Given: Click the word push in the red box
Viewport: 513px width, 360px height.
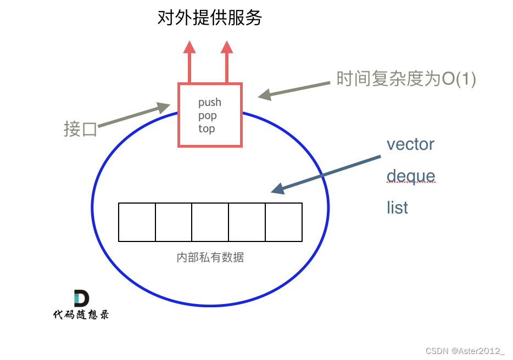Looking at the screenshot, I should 210,103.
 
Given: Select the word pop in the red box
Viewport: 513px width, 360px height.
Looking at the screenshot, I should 208,116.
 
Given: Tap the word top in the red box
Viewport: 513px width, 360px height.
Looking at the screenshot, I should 207,129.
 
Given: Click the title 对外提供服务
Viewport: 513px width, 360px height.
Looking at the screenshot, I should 210,18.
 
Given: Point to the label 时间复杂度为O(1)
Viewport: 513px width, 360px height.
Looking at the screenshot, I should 406,80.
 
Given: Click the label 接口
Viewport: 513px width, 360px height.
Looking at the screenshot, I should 80,130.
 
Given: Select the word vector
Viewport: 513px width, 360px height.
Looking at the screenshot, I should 410,144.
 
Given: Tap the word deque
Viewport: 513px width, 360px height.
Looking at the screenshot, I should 411,176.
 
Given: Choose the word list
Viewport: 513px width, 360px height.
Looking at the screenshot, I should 397,207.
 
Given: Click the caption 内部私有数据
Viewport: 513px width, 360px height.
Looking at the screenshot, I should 210,257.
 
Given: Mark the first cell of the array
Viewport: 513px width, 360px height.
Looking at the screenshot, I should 137,222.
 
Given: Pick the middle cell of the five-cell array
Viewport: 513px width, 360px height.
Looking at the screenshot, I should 210,222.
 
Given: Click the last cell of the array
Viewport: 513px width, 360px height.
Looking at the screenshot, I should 283,222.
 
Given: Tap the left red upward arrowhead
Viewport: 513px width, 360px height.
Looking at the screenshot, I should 189,47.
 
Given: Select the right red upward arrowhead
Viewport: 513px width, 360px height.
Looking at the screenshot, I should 227,47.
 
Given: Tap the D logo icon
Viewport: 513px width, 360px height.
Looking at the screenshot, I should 81,299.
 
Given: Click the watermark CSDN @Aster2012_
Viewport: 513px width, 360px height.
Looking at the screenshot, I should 465,351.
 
